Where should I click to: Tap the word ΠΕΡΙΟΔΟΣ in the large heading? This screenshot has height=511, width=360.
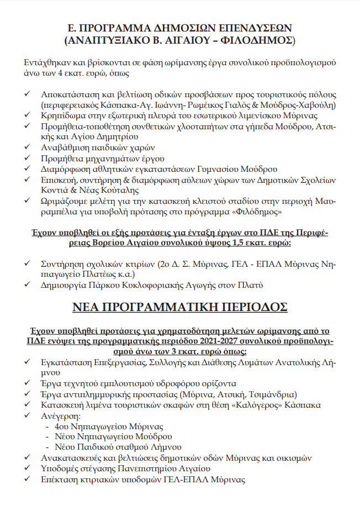[x=245, y=307]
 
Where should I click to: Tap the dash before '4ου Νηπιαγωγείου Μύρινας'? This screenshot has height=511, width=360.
[x=49, y=426]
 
